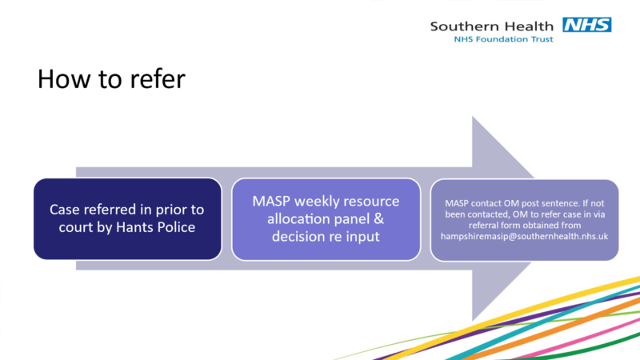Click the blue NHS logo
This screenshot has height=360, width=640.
[x=587, y=25]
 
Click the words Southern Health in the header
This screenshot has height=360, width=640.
[x=491, y=26]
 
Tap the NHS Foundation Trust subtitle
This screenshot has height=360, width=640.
[x=504, y=39]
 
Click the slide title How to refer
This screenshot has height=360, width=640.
[x=111, y=78]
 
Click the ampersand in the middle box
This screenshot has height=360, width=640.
[x=378, y=218]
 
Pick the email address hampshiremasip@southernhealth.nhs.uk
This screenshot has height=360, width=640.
[x=524, y=236]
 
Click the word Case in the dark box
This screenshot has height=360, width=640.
[x=62, y=210]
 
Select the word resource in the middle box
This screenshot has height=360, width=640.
[x=373, y=202]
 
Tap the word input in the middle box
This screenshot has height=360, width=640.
[x=363, y=237]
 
